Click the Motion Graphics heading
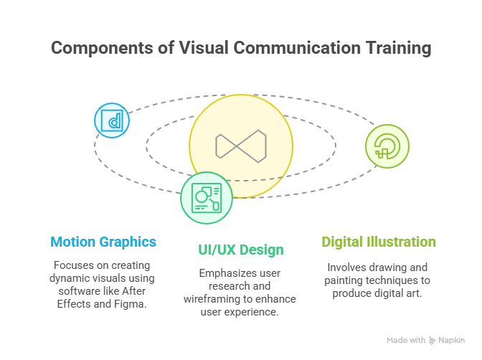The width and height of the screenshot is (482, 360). click(x=103, y=242)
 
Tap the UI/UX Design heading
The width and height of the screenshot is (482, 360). click(x=241, y=250)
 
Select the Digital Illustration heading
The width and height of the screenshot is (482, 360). click(x=379, y=242)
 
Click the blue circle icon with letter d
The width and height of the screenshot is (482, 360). click(x=112, y=120)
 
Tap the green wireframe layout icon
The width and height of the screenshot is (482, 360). click(x=207, y=198)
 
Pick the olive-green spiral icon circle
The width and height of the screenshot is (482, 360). click(x=387, y=146)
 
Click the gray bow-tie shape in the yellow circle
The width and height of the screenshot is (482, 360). click(x=241, y=146)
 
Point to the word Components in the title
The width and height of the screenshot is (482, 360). click(x=102, y=48)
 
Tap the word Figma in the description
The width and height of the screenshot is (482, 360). click(x=130, y=304)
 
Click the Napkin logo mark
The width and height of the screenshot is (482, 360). click(x=433, y=341)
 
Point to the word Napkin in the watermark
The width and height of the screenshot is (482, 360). click(x=452, y=341)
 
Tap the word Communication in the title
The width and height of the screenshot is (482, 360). click(x=297, y=48)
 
